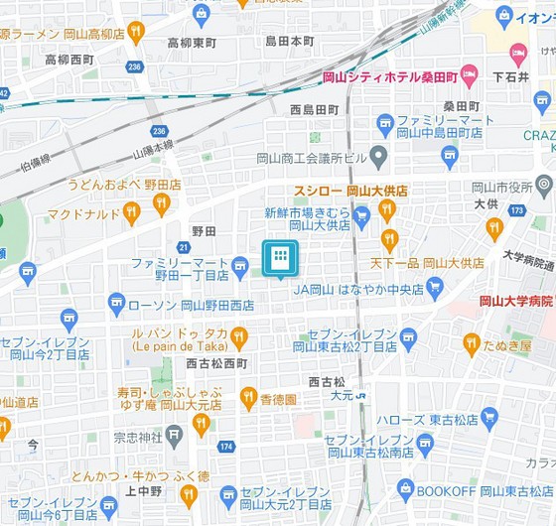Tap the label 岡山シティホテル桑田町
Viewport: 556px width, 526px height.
[x=388, y=76]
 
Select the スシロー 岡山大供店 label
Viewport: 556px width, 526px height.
[x=350, y=191]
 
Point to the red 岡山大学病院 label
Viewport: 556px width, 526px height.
[x=515, y=301]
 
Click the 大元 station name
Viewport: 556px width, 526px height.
[x=342, y=396]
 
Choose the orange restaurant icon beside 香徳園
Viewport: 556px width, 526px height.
[x=248, y=399]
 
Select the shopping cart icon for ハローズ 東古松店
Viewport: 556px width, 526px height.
[x=488, y=416]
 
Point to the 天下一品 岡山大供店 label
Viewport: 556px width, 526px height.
[x=427, y=263]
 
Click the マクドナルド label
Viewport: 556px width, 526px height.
[x=83, y=213]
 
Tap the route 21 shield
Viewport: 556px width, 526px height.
[x=184, y=246]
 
